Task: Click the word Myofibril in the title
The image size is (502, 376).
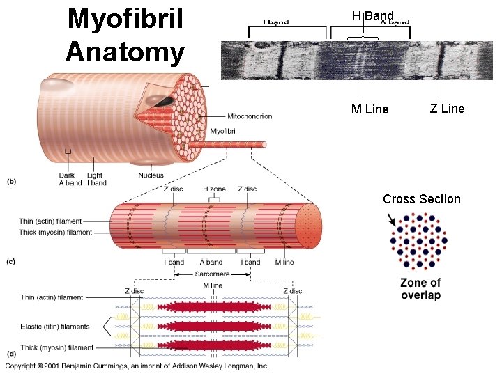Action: [125, 19]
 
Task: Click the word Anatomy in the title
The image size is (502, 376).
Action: [125, 52]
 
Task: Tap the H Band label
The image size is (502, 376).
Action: [373, 15]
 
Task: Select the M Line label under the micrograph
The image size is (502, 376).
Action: [370, 109]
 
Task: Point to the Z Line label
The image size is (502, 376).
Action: [447, 108]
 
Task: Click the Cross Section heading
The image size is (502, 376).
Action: [421, 199]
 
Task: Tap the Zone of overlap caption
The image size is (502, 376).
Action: [420, 289]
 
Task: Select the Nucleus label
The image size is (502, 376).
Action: [151, 175]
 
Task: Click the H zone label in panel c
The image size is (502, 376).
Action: [214, 189]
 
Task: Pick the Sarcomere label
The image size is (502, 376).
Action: [212, 274]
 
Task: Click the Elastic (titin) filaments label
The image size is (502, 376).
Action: [55, 327]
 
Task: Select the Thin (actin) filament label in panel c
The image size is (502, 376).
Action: [55, 221]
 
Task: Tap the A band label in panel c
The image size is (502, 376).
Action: [211, 263]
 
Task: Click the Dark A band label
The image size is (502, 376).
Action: [70, 179]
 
